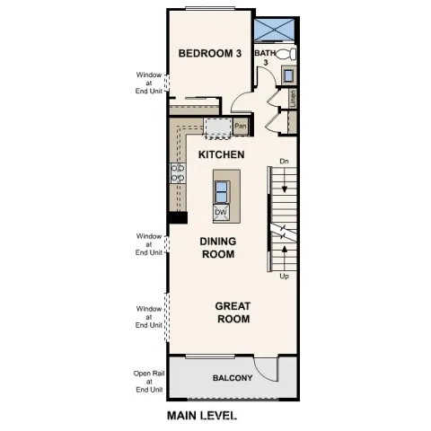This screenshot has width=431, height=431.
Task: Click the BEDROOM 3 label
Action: [210, 54]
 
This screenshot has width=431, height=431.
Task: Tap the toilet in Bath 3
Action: [286, 55]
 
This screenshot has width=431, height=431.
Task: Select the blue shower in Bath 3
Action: [276, 29]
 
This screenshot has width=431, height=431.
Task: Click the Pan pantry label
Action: [241, 126]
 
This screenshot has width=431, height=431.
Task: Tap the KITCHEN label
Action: [221, 154]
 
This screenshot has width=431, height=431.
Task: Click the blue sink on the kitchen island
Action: [221, 189]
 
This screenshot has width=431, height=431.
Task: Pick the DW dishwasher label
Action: [220, 213]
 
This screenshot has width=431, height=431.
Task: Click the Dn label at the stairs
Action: [284, 162]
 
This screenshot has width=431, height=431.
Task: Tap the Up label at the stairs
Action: [284, 276]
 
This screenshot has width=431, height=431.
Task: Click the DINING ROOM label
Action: [216, 248]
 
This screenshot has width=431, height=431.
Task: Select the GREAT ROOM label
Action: [232, 312]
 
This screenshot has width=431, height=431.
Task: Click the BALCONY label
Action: [232, 378]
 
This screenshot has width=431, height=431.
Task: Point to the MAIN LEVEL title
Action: [202, 416]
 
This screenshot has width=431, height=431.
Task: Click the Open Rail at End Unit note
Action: [149, 382]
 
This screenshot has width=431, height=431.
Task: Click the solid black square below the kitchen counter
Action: [177, 216]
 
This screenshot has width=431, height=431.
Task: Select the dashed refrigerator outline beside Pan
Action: [216, 128]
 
